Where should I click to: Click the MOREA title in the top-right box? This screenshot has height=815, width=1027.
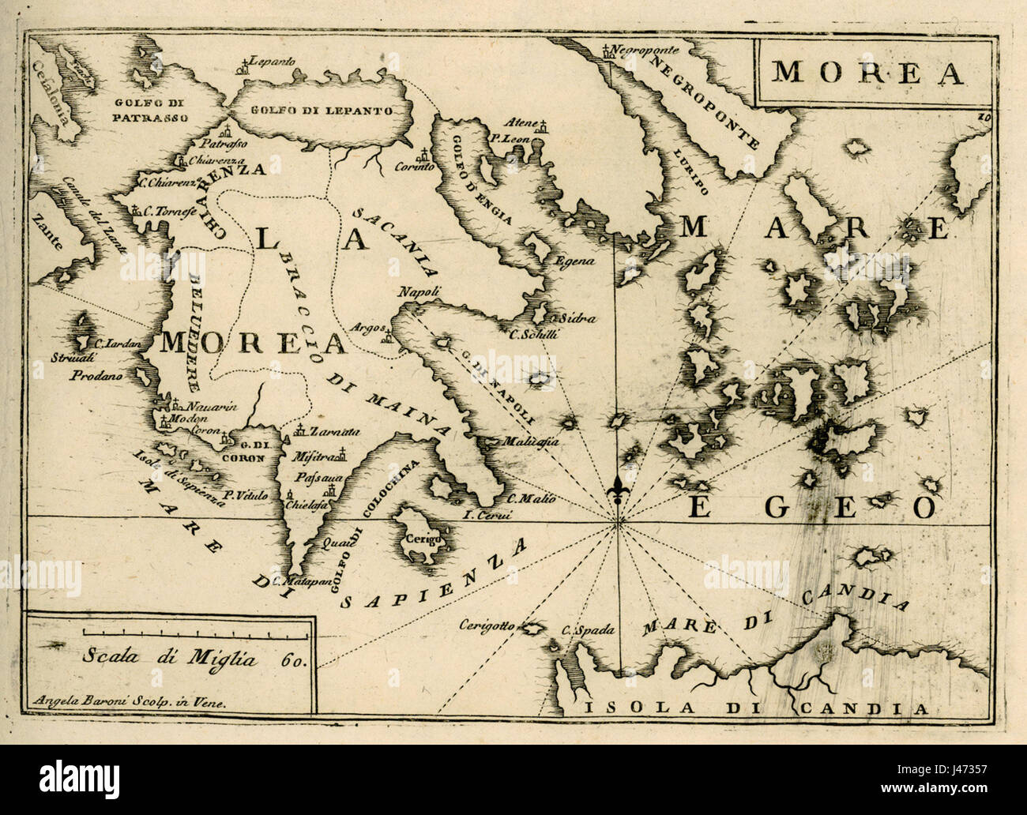coord(867,73)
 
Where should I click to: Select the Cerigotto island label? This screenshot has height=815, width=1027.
coord(487,625)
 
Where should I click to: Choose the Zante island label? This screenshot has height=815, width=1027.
coord(47,232)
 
